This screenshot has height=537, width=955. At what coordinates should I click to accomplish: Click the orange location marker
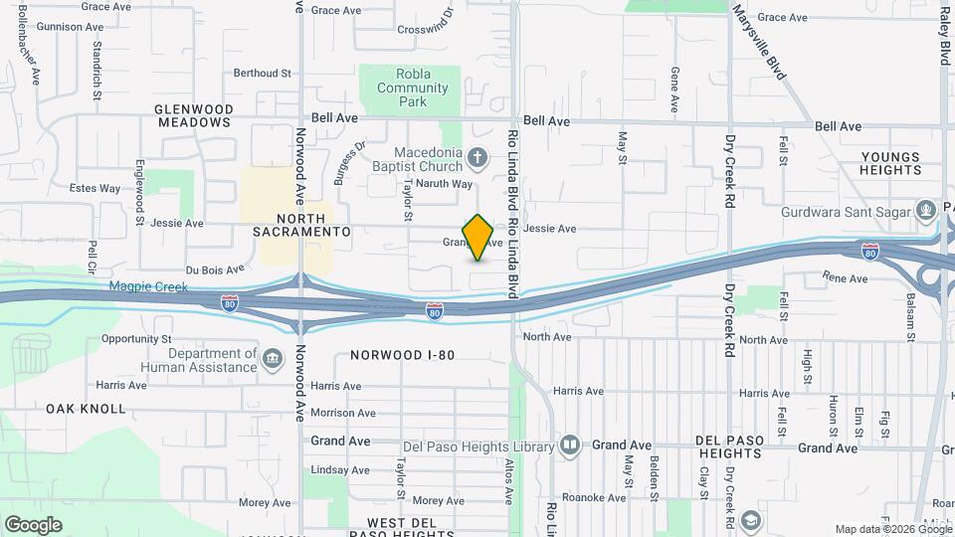coord(478,237)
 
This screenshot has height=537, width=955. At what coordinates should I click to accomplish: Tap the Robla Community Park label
coord(413,88)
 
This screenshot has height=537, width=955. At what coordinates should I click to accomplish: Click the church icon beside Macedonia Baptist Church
coord(478,157)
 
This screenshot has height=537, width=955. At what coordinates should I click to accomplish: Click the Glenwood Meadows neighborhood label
coord(193,115)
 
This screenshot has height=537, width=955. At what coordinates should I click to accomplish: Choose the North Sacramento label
coord(301,225)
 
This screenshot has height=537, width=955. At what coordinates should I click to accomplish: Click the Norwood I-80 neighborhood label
coord(402,354)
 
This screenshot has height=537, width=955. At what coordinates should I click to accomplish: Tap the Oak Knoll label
coord(86,409)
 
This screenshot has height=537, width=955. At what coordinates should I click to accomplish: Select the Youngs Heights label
coord(892,163)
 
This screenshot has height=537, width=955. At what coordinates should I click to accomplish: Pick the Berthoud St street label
coord(262,73)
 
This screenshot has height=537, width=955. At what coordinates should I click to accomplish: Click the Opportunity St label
coord(136,339)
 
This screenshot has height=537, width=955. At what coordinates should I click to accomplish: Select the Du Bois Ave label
coord(214,269)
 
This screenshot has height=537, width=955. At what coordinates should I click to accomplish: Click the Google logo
coord(33,524)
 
